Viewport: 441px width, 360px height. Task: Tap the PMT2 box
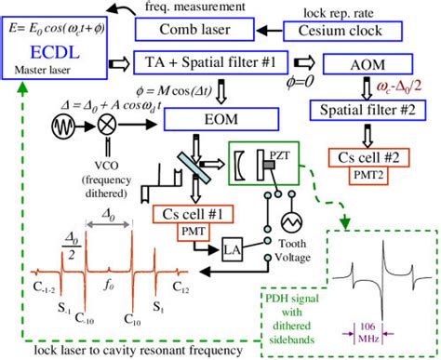370,173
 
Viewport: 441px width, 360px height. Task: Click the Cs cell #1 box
194,215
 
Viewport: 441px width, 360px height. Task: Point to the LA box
232,249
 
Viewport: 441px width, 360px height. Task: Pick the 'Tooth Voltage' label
293,251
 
